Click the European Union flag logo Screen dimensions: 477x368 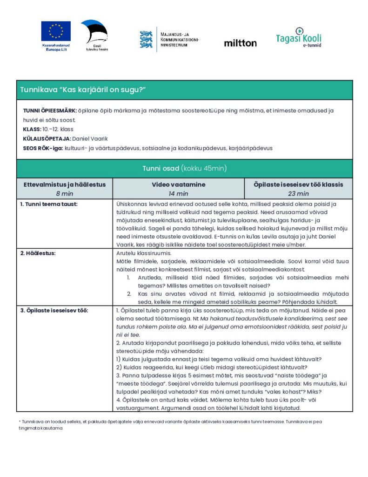click(x=56, y=31)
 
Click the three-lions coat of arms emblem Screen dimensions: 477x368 click(x=146, y=40)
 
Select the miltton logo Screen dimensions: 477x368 click(x=240, y=43)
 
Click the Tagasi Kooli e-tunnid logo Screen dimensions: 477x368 click(x=298, y=38)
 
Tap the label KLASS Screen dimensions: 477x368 click(x=32, y=129)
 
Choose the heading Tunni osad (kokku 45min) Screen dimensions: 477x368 click(x=184, y=168)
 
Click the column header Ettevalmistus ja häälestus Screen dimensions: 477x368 click(x=65, y=184)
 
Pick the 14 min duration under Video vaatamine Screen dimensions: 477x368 click(x=178, y=193)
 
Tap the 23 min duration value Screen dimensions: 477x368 click(x=298, y=193)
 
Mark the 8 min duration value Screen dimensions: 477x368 click(x=65, y=193)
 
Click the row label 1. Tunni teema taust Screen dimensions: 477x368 click(x=49, y=204)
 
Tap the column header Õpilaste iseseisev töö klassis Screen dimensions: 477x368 click(x=298, y=184)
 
